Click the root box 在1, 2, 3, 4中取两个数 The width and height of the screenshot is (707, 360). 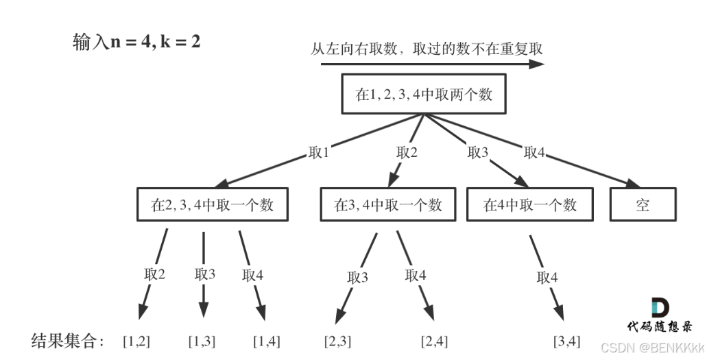tap(424, 95)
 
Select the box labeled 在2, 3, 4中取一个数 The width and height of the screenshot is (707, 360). tap(212, 205)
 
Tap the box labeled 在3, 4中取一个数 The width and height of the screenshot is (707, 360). tap(388, 205)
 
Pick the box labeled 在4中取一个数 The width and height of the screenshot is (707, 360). tap(530, 205)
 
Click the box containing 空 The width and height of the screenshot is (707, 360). tap(643, 205)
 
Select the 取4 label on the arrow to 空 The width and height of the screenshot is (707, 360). tap(534, 153)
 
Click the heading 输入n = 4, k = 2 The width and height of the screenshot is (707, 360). tap(136, 42)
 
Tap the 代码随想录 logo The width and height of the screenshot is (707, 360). tap(659, 316)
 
